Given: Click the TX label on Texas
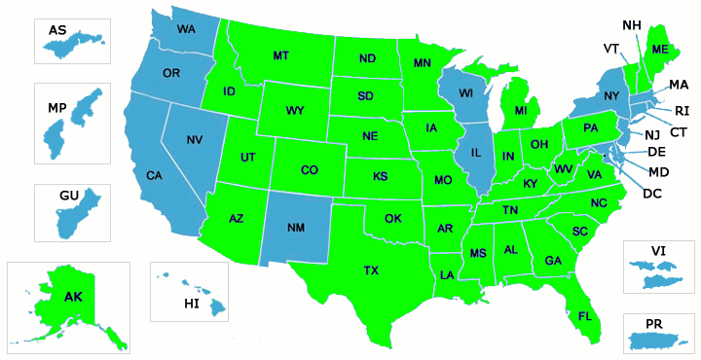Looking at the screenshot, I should coord(371,270).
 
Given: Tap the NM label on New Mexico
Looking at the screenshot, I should coord(296,228).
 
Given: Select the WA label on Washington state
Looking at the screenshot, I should coord(186,29).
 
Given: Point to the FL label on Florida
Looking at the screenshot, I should coord(584,316).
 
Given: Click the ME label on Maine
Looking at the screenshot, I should coord(660,50).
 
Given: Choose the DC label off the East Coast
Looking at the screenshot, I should coord(652,193).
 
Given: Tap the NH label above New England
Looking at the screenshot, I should coord(631,23).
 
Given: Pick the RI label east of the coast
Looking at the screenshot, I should coord(682,110).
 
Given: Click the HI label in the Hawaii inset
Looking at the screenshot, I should coord(191,304).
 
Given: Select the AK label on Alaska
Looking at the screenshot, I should coord(73,297).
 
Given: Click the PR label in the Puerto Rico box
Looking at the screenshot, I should coord(654,322).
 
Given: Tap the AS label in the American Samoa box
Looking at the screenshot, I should coord(58,31).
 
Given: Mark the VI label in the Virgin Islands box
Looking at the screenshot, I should coord(657,251).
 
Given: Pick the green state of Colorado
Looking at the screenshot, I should coord(309,170).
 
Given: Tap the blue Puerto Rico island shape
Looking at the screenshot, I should coord(661,341).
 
